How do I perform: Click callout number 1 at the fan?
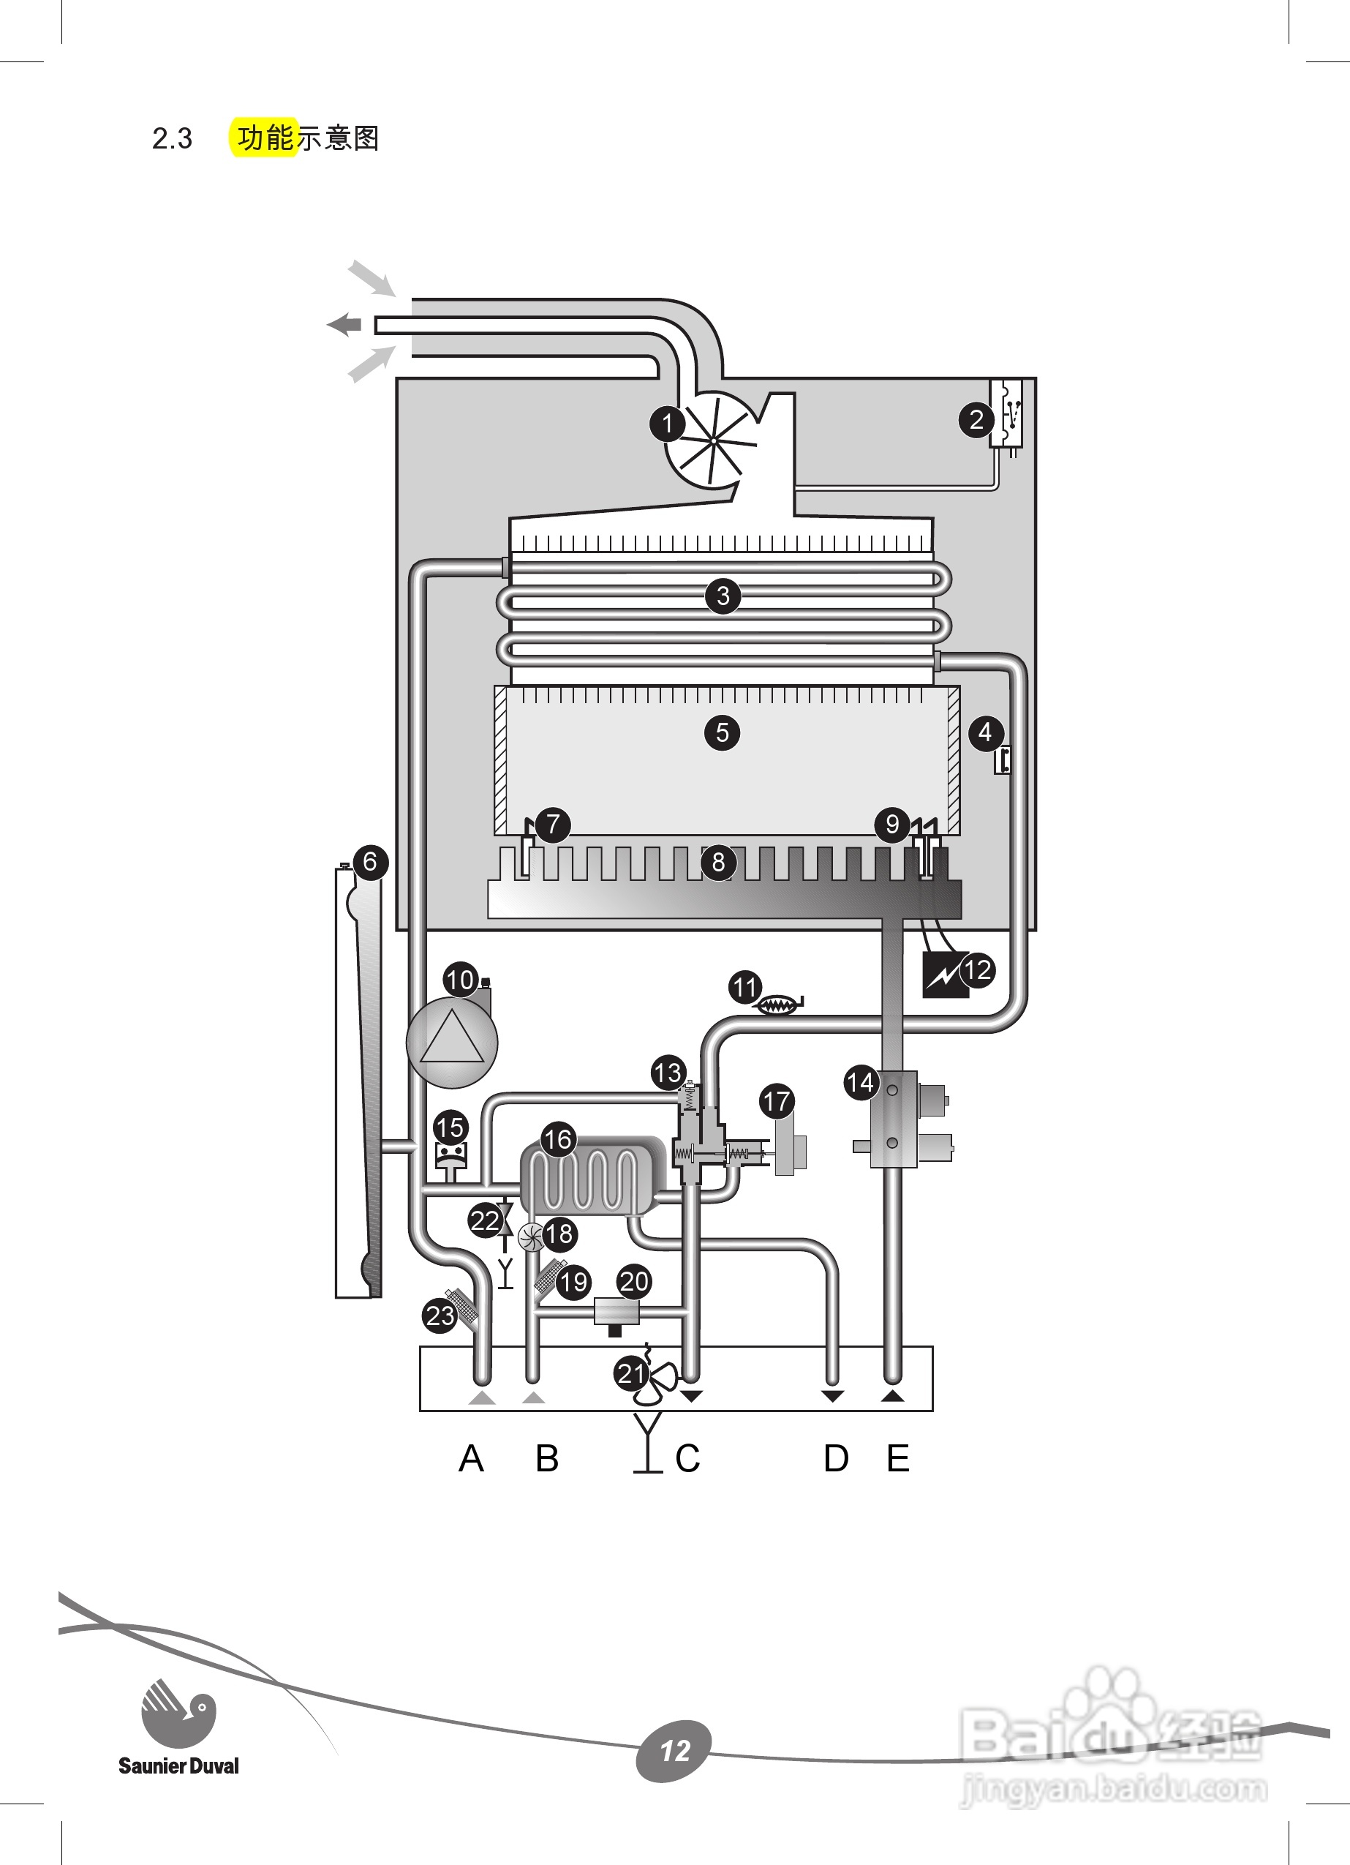[x=667, y=424]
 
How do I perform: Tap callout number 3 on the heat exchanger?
[x=723, y=596]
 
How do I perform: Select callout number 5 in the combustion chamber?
[x=722, y=732]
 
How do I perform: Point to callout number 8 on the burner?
[x=719, y=862]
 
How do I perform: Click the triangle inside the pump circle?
[x=451, y=1040]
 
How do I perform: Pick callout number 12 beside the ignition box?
[x=977, y=970]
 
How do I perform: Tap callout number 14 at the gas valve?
[x=861, y=1082]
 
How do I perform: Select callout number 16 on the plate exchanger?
[x=557, y=1140]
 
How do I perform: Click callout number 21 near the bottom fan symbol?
[x=630, y=1373]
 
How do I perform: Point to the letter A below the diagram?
[x=471, y=1460]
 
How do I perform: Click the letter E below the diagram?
[x=898, y=1460]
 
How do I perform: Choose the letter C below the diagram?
[x=687, y=1460]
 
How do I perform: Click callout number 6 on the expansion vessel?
[x=370, y=862]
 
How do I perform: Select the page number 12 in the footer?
[x=674, y=1751]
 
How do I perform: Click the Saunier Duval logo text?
[x=178, y=1765]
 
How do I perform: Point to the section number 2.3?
[x=172, y=138]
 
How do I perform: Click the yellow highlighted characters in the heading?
[x=265, y=138]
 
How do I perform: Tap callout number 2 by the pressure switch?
[x=976, y=420]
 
